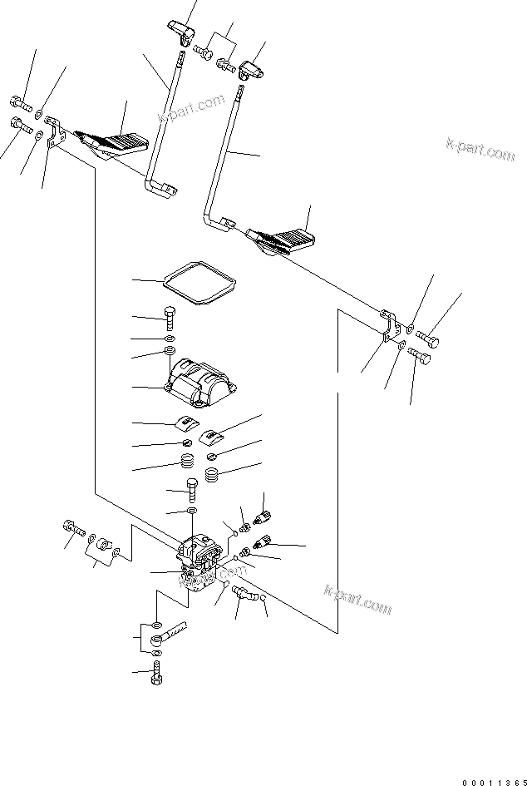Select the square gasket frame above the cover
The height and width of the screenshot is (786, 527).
[197, 284]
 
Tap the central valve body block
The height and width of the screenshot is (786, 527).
[200, 563]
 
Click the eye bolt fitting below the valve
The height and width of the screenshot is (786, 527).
[170, 639]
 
